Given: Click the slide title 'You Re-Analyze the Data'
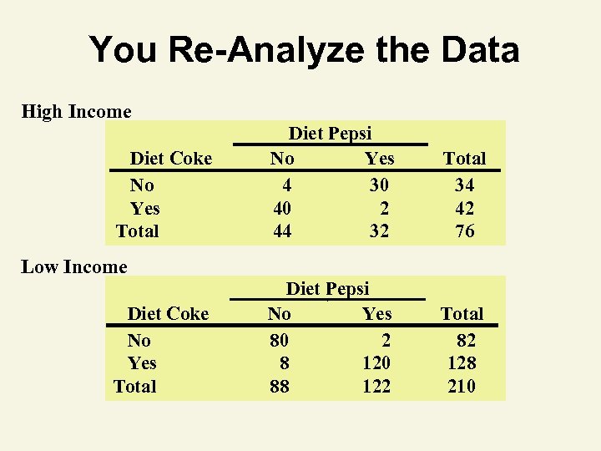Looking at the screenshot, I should [304, 49].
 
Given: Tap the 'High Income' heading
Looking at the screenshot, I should [76, 111].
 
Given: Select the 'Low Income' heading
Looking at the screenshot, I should [74, 267].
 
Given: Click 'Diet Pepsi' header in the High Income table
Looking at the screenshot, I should [330, 133].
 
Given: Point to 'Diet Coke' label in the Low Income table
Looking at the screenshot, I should [168, 313].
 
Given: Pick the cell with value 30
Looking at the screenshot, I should [379, 185].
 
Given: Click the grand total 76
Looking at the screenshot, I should [464, 231].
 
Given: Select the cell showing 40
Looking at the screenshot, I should [282, 208].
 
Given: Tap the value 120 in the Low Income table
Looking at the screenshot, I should [376, 363].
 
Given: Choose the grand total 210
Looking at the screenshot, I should [462, 386].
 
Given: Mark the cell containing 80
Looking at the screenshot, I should [279, 340].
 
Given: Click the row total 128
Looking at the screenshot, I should [462, 363].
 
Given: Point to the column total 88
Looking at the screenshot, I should [279, 386].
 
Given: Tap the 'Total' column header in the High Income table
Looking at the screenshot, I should [464, 158].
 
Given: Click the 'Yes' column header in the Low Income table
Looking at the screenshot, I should [376, 313].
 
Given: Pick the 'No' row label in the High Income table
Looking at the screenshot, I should [142, 185].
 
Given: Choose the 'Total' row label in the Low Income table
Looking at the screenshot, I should [135, 386].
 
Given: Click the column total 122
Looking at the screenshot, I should [376, 386].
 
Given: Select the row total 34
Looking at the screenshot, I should [464, 185].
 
